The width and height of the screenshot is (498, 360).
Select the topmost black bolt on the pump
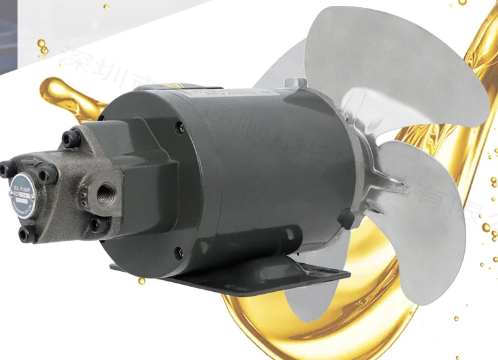[69, 138]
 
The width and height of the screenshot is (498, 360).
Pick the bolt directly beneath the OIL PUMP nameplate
[25, 233]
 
